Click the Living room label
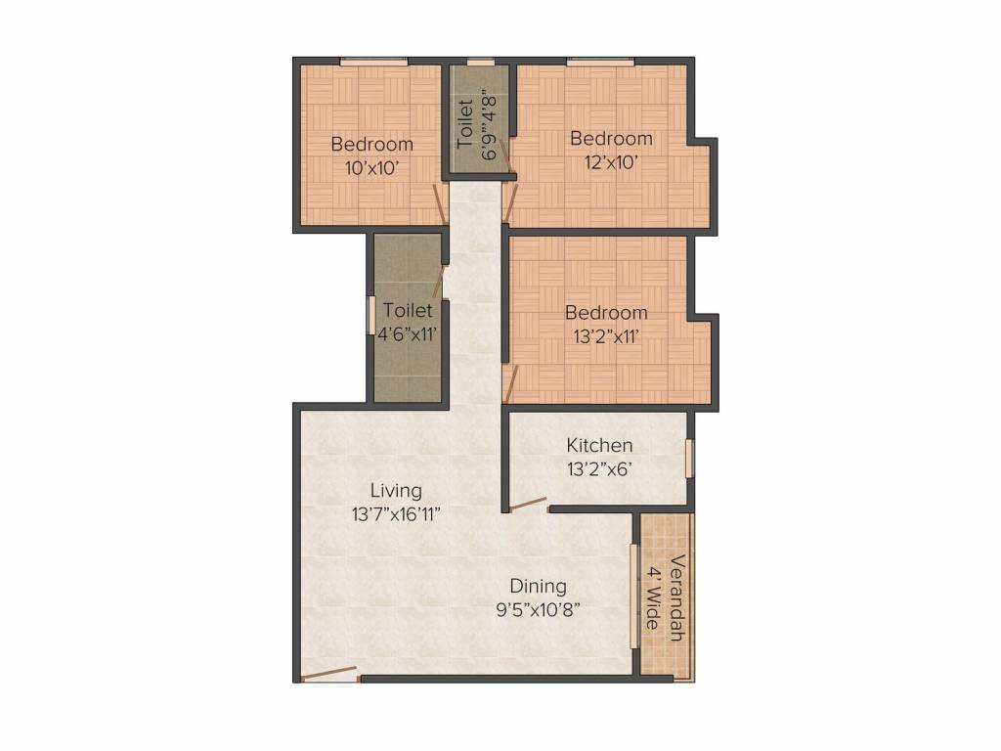(x=396, y=491)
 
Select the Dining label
(x=538, y=587)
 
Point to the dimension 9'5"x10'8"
(x=538, y=609)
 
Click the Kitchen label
(x=599, y=446)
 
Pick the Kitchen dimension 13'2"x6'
(x=599, y=468)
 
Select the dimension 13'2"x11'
(x=606, y=337)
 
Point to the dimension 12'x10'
(x=611, y=161)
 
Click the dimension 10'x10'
(x=371, y=167)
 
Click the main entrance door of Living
(x=328, y=674)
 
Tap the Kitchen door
(x=529, y=505)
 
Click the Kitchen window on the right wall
(x=689, y=458)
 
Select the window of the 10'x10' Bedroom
(x=373, y=62)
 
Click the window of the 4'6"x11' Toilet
(x=370, y=314)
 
